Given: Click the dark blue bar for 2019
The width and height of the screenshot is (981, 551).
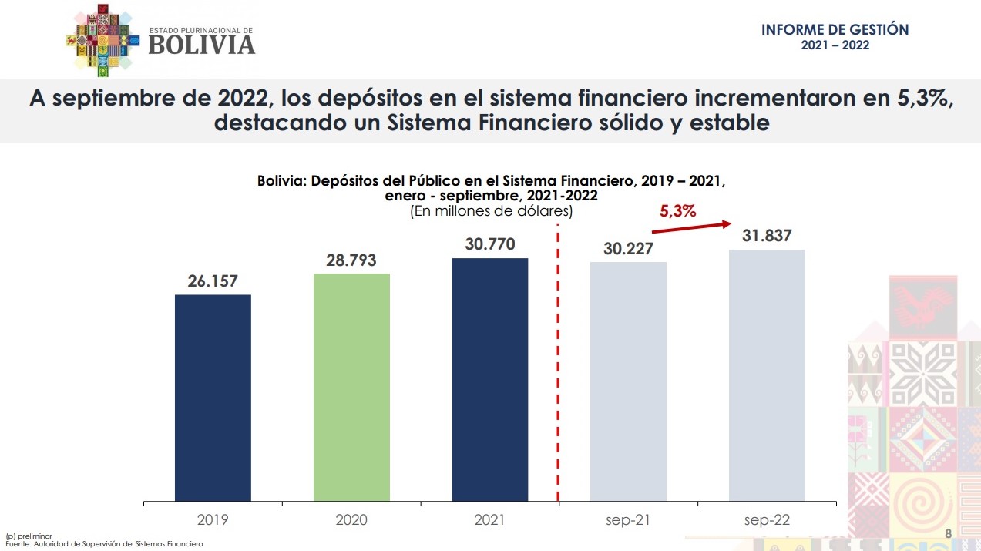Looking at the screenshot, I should tap(213, 398).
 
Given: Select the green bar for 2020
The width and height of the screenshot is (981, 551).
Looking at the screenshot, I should tap(351, 387).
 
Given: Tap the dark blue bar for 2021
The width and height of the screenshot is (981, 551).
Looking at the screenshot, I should tap(490, 379).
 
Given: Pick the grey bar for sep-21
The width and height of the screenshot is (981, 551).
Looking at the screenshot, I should tap(628, 381).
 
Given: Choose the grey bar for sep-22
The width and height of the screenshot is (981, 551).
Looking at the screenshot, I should tap(767, 375).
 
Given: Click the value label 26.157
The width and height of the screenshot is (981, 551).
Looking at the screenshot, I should tap(213, 281).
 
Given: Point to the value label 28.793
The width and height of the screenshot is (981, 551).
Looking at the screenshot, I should tap(351, 260).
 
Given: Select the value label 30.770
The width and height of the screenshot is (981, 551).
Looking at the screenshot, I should tap(490, 244).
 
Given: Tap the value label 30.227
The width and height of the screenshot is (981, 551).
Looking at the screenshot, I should tap(628, 248).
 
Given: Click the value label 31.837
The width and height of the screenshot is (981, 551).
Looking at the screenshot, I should tap(767, 236).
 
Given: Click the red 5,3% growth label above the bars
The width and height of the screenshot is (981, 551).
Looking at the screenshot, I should tap(677, 211).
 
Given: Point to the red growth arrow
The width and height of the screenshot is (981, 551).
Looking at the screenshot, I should tap(691, 227).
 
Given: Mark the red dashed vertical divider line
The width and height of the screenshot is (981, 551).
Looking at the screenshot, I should tap(558, 362).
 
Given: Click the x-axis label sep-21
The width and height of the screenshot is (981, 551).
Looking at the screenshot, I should tap(628, 520).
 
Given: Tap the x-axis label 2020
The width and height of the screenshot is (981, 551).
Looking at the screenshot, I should tap(351, 520).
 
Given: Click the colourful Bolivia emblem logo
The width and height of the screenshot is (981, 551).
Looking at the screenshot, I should tap(103, 39).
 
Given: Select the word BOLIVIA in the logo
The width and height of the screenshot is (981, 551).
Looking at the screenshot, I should tap(201, 45).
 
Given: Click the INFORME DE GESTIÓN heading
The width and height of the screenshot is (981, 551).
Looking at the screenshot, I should tap(835, 30).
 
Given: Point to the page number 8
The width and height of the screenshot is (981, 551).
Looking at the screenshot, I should tap(948, 534).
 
